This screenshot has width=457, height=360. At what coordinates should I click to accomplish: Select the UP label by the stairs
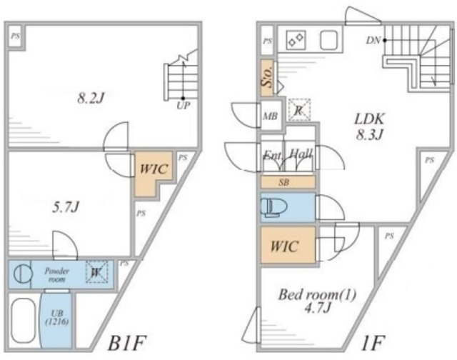tap(184, 106)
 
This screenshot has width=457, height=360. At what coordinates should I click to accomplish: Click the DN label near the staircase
tap(373, 41)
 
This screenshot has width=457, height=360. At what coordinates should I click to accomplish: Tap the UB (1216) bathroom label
tap(55, 317)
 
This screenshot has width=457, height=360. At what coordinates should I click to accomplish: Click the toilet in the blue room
tap(274, 208)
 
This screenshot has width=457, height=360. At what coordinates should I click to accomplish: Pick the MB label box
tap(270, 116)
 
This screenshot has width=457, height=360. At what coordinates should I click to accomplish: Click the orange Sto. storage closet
tap(268, 77)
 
